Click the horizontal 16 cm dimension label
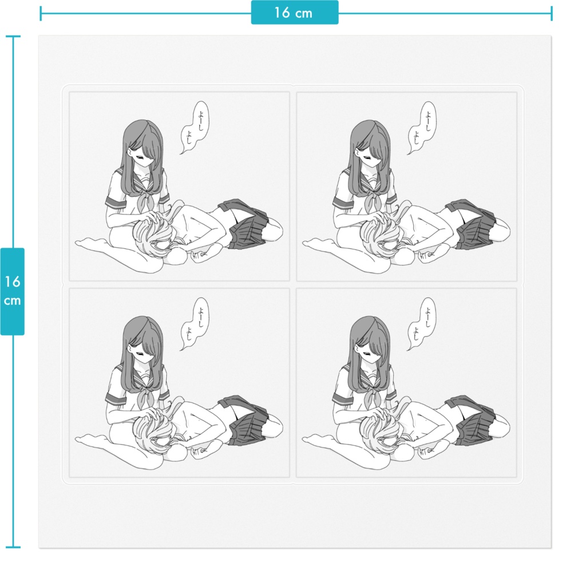[x=295, y=13]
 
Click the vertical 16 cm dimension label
[x=13, y=291]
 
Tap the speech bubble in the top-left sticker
[x=195, y=126]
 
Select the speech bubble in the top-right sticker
[x=423, y=128]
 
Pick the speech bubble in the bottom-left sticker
[x=195, y=323]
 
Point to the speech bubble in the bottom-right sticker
[x=422, y=324]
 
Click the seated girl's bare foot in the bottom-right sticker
[x=317, y=439]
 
